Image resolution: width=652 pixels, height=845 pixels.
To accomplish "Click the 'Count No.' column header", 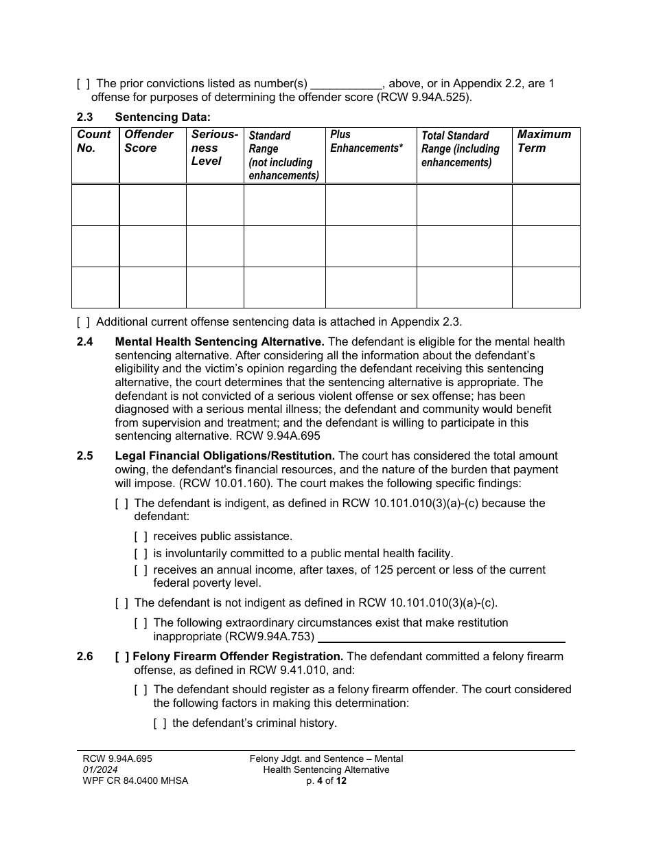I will (x=94, y=141).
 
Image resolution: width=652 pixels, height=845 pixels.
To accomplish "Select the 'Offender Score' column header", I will (x=149, y=141).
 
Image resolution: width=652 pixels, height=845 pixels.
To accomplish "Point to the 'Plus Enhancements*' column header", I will (x=366, y=141).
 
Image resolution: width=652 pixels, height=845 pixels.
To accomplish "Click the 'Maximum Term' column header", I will (x=544, y=141).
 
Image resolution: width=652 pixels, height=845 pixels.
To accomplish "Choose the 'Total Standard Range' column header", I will (x=461, y=149).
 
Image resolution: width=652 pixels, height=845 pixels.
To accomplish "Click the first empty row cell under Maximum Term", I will (x=546, y=205).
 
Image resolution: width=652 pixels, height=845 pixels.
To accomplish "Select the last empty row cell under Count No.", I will (x=95, y=287).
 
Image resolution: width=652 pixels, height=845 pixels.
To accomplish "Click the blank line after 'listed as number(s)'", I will (x=347, y=84).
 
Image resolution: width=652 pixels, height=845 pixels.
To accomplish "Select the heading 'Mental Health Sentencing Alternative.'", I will (x=220, y=341).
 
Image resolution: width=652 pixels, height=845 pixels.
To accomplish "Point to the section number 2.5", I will (x=85, y=455).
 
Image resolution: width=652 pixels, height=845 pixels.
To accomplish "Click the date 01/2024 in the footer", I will (x=95, y=769).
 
